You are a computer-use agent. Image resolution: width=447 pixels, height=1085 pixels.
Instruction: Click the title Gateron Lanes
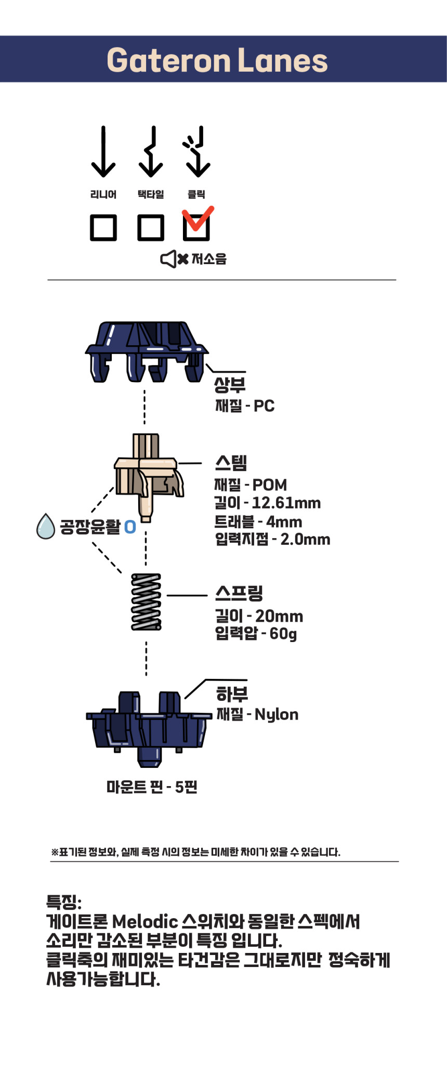point(217,60)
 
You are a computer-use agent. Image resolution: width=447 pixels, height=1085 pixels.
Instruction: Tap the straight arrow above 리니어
point(103,152)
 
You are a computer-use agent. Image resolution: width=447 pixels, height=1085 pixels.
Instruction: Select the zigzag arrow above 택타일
point(151,152)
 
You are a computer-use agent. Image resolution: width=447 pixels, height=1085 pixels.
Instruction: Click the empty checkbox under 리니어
point(103,228)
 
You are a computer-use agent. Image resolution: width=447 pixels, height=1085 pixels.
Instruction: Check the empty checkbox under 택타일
point(151,228)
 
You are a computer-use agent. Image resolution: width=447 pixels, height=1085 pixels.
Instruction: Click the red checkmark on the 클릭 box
point(198,218)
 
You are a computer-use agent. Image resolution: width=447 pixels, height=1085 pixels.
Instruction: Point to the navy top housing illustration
point(147,351)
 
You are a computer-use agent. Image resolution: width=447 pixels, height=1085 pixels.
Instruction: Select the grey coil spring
point(146,602)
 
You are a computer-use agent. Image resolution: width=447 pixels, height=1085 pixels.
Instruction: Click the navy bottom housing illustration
point(148,728)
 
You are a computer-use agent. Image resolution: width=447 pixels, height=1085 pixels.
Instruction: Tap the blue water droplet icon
point(46,527)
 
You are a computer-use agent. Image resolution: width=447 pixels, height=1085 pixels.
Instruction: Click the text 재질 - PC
point(245,406)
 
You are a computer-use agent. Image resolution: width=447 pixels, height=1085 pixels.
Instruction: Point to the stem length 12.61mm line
point(268,503)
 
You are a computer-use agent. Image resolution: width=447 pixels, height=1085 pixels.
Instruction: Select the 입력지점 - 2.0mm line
point(272,539)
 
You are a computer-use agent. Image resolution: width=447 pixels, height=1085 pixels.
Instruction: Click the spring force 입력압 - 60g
point(256,634)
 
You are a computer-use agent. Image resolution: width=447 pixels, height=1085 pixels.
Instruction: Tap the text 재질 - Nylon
point(257,715)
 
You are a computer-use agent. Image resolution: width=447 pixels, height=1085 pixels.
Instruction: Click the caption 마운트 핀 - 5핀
point(152,787)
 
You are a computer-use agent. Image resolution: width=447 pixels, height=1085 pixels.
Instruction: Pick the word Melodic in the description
point(145,922)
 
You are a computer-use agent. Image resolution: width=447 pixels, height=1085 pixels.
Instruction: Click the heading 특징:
point(64,901)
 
